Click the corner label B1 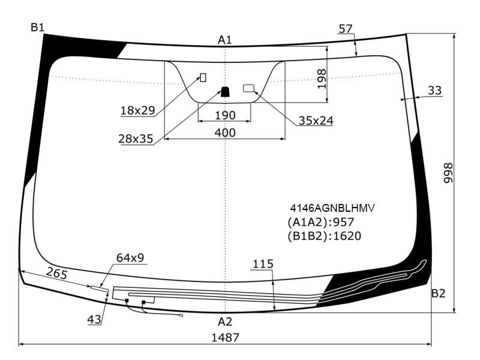[38, 28]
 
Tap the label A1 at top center [225, 40]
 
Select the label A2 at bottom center [225, 322]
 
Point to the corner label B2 [438, 293]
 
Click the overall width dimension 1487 [226, 338]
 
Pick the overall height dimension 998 [448, 173]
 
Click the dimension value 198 [322, 79]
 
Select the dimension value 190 [226, 115]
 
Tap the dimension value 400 [225, 133]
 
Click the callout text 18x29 [138, 110]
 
